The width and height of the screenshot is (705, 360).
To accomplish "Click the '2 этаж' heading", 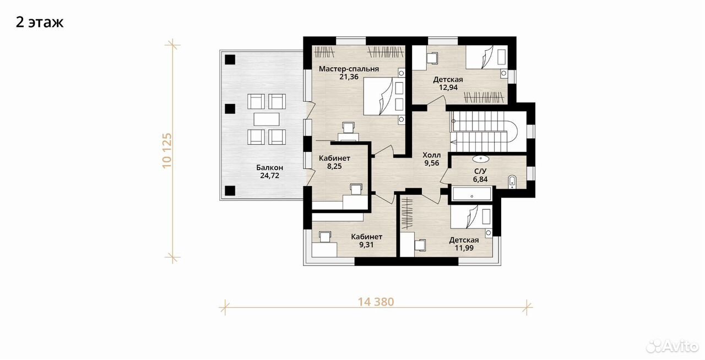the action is click(40, 23).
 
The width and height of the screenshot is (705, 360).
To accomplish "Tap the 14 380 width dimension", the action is click(376, 302).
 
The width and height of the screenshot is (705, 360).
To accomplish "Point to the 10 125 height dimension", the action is click(167, 150).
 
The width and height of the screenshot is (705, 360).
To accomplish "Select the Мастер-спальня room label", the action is click(349, 69).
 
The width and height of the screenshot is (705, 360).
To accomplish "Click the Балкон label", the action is click(269, 167).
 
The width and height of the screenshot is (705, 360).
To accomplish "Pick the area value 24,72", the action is click(269, 176).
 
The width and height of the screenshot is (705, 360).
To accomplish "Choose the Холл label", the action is click(431, 155).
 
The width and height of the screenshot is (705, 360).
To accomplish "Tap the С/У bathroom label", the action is click(480, 171).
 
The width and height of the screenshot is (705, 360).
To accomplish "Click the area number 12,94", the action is click(448, 88).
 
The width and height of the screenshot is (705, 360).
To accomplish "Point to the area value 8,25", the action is click(334, 166).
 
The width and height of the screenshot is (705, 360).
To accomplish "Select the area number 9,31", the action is click(366, 244).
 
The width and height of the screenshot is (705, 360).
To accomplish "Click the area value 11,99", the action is click(464, 248).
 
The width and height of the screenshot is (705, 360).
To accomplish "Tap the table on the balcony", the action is click(267, 119).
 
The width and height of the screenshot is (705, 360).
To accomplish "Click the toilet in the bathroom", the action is click(512, 182).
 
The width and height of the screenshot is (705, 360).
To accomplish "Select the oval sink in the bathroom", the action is click(481, 159).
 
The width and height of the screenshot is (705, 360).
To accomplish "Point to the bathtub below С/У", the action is click(471, 194).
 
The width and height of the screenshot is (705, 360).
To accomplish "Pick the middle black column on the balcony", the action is click(230, 108).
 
